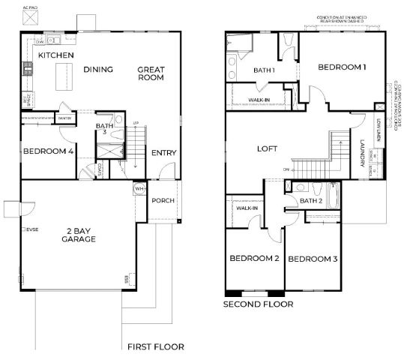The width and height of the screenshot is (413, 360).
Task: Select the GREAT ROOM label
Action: (x=151, y=73)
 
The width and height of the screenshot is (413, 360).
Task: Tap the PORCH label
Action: (x=163, y=201)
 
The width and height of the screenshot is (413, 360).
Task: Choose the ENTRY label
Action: (x=163, y=153)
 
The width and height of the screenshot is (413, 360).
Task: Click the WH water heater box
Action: (x=139, y=188)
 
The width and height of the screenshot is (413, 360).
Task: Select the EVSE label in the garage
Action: (x=31, y=229)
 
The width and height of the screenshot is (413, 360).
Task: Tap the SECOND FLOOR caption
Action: (x=258, y=305)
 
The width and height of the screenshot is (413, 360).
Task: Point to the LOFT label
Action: (x=268, y=149)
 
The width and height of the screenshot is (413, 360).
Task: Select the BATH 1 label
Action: (x=264, y=70)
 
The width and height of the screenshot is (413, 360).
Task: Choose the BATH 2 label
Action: (x=310, y=201)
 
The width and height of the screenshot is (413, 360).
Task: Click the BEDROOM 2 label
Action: (x=254, y=259)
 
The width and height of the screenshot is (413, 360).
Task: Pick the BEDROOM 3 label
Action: (x=313, y=259)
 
